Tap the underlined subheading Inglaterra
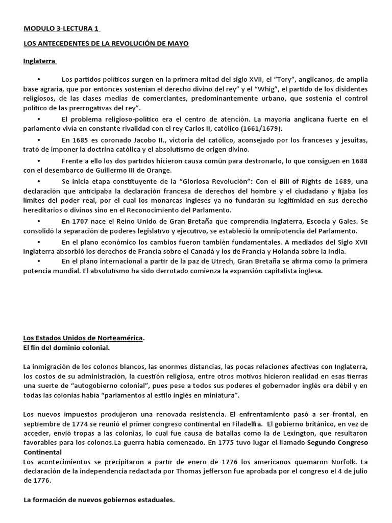coord(39,61)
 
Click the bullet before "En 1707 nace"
coord(39,222)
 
